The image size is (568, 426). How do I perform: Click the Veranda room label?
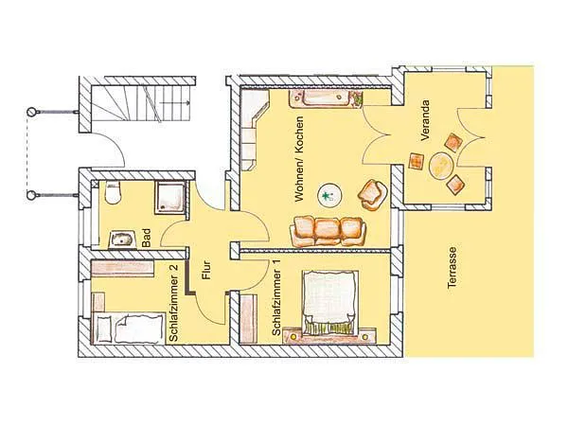(425, 120)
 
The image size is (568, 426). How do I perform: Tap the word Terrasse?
(452, 268)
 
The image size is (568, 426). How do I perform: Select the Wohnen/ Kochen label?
(299, 159)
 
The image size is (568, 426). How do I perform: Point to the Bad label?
(146, 238)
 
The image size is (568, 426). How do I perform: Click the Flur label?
(206, 270)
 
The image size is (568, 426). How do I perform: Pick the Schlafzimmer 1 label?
(276, 301)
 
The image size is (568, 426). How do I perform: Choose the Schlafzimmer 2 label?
(173, 303)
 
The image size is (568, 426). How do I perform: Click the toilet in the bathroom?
(112, 192)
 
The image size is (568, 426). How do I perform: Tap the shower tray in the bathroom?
(170, 197)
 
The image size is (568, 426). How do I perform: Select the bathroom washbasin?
(122, 240)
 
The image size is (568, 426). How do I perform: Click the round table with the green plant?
(328, 196)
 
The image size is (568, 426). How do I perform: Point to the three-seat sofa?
(328, 231)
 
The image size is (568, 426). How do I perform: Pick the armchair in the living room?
(372, 195)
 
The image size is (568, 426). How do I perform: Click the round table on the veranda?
(441, 166)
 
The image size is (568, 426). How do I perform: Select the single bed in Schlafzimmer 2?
(128, 328)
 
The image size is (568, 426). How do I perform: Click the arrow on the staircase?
(175, 103)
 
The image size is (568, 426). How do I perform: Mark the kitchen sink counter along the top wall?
(326, 98)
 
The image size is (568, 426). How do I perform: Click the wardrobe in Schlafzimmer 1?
(248, 319)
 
